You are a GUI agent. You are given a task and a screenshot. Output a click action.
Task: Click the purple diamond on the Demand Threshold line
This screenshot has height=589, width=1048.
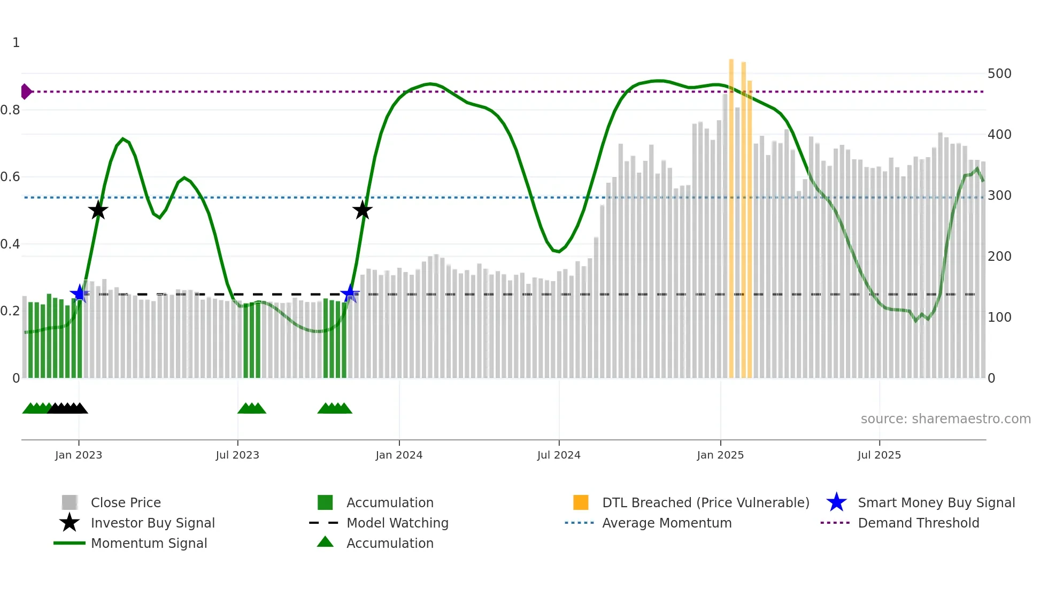click(26, 91)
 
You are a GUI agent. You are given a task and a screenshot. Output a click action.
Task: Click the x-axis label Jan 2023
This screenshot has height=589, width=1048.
click(79, 455)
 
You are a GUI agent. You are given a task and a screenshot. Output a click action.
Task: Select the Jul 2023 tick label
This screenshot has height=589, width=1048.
click(237, 455)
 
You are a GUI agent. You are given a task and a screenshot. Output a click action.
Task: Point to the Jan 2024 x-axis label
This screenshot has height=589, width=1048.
click(399, 455)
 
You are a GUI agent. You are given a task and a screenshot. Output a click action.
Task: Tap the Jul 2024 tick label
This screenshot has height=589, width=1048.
click(559, 455)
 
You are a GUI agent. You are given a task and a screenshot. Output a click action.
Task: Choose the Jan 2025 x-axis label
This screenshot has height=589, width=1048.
click(720, 455)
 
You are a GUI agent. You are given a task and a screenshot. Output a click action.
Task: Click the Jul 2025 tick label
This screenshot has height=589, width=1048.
click(879, 455)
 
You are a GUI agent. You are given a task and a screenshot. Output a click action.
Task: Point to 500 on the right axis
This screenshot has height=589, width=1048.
click(999, 74)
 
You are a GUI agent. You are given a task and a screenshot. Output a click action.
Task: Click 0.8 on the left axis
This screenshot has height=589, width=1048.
click(10, 110)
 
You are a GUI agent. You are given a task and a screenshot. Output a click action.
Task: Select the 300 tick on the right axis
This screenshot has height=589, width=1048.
click(999, 196)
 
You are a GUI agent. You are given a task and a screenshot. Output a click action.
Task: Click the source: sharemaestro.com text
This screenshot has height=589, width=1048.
click(945, 419)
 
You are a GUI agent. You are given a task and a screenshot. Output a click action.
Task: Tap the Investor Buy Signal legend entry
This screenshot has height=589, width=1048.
click(152, 523)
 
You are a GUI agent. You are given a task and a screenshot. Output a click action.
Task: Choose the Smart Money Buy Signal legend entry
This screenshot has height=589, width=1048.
click(936, 502)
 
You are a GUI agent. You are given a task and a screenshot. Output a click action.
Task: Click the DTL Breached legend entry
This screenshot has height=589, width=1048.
click(705, 502)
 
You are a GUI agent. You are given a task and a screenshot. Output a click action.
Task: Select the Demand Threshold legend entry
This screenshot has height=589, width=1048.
click(918, 523)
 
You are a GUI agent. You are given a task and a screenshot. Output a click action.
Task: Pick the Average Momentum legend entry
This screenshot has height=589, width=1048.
click(666, 523)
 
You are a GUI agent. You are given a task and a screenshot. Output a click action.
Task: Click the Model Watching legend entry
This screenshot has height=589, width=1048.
click(397, 523)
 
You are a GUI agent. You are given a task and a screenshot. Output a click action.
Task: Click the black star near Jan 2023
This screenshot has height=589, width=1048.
click(98, 210)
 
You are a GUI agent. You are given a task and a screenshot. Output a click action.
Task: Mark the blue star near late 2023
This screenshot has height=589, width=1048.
click(350, 293)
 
